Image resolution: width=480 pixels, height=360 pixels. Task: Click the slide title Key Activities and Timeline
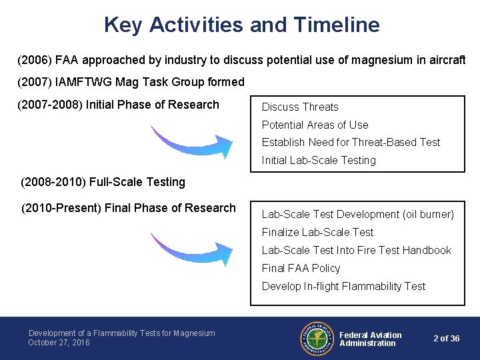[241, 25]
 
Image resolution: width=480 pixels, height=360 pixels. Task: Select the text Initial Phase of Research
[152, 105]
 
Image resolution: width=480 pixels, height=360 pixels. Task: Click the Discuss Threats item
[300, 107]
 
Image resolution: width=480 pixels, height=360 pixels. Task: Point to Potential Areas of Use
[315, 125]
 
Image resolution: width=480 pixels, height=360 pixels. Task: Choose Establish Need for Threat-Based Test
[351, 143]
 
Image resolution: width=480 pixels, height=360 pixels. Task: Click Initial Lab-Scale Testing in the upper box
[319, 161]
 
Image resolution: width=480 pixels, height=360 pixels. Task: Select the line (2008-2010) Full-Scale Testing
[103, 182]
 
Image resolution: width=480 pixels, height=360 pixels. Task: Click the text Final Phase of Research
[171, 208]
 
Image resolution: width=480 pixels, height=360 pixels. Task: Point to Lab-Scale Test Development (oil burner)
[357, 215]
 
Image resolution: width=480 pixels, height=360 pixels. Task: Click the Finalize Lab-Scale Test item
[317, 233]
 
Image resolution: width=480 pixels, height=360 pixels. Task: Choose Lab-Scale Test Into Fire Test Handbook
[357, 251]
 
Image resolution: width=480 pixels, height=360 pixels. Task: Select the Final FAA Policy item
[301, 269]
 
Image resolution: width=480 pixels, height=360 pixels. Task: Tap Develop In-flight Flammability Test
[343, 287]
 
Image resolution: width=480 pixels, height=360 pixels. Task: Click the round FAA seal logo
[316, 339]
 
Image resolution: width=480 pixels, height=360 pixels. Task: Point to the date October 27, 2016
[59, 343]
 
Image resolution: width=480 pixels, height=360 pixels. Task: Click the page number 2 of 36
[446, 339]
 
